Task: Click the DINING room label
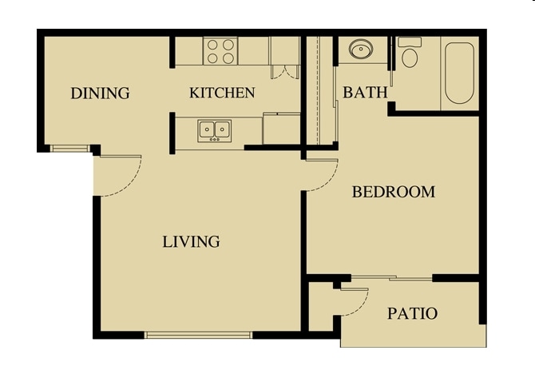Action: point(100,93)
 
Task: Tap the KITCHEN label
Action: point(222,93)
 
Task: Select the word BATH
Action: point(365,93)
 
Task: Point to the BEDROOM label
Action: point(394,192)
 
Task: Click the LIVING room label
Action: point(192,241)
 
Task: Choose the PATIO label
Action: point(412,313)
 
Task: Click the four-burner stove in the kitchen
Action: point(220,51)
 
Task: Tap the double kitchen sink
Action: point(214,129)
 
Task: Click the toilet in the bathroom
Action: point(410,53)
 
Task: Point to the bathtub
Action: point(459,72)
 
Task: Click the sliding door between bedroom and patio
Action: point(391,278)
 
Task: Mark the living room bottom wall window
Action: point(198,335)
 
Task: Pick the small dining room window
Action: point(70,148)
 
